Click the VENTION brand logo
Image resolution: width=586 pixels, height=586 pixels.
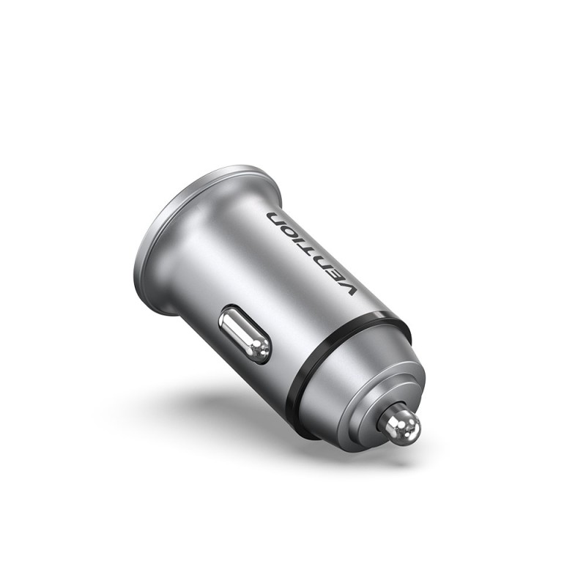click(x=311, y=253)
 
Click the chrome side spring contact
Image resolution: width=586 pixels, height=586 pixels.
click(x=246, y=335)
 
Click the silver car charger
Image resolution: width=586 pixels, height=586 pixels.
click(x=286, y=308)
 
